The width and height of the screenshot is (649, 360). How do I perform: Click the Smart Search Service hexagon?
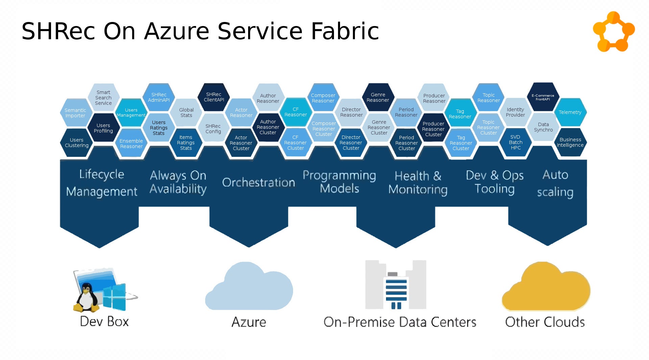103,98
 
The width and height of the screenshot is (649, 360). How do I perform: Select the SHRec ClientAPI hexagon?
214,97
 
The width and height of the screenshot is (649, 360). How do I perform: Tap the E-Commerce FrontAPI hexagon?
543,97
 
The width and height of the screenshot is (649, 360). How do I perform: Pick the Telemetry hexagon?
570,112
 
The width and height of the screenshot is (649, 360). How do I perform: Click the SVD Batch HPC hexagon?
515,142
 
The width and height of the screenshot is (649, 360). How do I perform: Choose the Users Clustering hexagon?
77,143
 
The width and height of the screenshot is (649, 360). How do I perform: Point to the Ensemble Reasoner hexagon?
131,144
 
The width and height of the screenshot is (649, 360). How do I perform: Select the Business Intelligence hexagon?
570,142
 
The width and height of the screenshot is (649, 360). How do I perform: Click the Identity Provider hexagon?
515,112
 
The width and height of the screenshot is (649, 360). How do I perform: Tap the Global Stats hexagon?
186,113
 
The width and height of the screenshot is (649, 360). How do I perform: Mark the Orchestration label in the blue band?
258,183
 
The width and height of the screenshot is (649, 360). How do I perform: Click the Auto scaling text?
555,183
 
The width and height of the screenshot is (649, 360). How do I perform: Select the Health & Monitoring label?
418,183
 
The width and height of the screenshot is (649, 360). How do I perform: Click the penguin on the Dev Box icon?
87,298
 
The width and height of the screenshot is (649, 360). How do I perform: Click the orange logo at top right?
614,32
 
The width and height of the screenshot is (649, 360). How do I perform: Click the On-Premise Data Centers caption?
400,322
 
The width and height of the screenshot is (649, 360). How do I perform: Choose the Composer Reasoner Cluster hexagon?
323,129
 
